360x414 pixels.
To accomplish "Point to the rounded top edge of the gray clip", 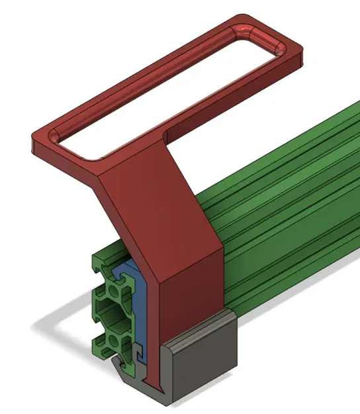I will (199, 325).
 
